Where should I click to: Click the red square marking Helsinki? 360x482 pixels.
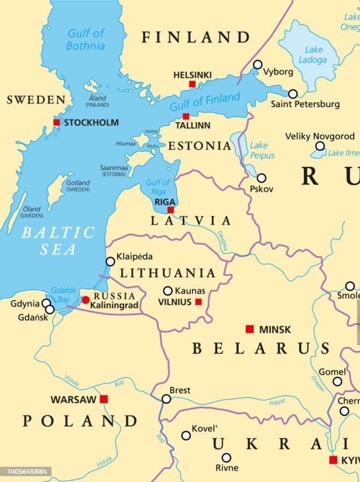click(192, 84)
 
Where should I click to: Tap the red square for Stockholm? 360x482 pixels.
click(57, 122)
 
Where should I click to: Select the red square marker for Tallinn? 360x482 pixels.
click(186, 116)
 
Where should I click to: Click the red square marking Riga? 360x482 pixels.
click(170, 210)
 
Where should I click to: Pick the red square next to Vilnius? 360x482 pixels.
click(198, 302)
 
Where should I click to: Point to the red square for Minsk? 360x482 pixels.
click(249, 329)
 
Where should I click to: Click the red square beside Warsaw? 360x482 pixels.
click(104, 399)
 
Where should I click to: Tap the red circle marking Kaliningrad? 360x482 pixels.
click(86, 300)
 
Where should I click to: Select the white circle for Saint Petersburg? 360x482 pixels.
click(293, 94)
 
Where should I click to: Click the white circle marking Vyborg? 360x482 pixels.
click(258, 64)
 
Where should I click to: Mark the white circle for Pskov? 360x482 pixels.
click(262, 178)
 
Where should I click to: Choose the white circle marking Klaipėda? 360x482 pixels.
click(110, 261)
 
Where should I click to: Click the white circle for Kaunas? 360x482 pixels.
click(168, 291)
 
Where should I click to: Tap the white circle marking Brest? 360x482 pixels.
click(166, 399)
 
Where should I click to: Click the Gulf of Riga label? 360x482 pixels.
click(157, 187)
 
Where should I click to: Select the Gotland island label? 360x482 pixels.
click(77, 186)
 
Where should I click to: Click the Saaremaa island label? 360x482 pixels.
click(114, 170)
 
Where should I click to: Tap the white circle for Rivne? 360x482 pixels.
click(226, 457)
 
